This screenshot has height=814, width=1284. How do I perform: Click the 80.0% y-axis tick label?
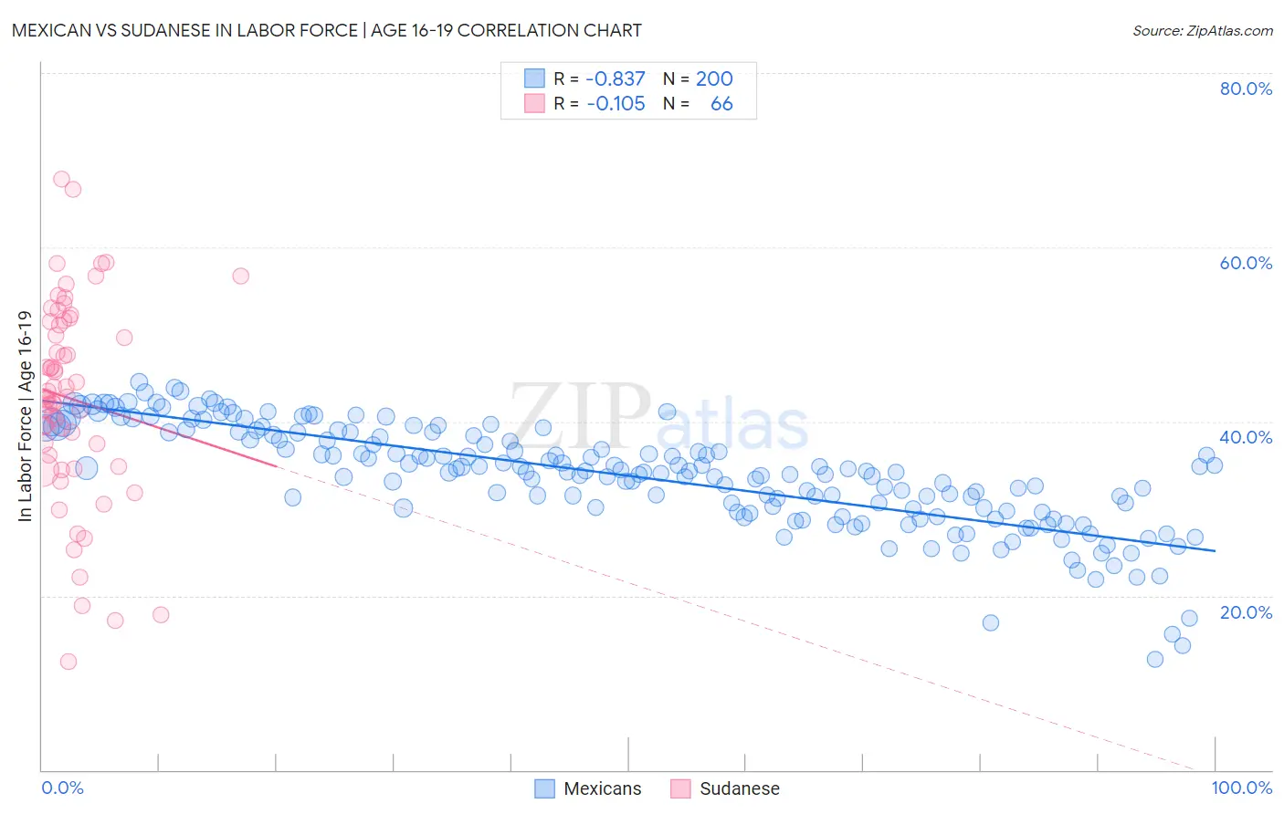click(x=1246, y=89)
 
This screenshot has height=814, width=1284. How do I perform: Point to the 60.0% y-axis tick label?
click(x=1246, y=263)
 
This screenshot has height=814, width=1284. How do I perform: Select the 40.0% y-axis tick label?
click(x=1246, y=437)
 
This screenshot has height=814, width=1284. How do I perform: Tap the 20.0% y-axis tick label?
click(x=1246, y=611)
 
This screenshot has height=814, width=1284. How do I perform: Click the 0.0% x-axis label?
click(x=62, y=788)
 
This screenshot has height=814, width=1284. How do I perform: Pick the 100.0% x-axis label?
click(x=1242, y=788)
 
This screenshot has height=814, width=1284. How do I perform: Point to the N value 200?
click(x=714, y=78)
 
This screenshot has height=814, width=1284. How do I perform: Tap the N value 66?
click(x=721, y=103)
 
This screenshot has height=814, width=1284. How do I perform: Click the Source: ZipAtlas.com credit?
click(x=1202, y=30)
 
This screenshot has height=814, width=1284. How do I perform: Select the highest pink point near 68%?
click(x=61, y=179)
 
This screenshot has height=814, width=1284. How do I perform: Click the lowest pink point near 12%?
click(x=68, y=662)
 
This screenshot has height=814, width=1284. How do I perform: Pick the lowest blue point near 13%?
click(x=1155, y=659)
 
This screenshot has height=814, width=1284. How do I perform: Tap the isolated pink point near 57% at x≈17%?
click(x=240, y=276)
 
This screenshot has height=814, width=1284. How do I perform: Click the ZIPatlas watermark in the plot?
click(x=658, y=416)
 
